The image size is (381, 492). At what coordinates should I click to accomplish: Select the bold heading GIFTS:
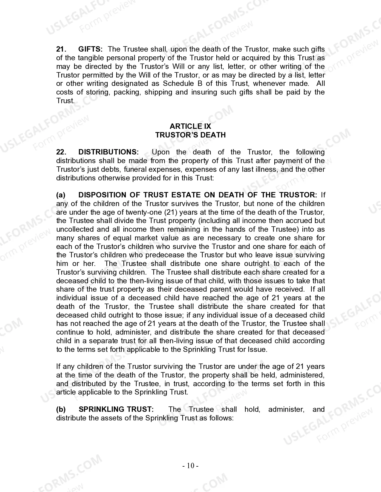click(90, 49)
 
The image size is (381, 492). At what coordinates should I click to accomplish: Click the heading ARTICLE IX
click(190, 126)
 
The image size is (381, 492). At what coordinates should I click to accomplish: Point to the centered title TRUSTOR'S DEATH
click(190, 135)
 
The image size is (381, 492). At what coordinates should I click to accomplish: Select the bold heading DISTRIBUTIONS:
click(108, 152)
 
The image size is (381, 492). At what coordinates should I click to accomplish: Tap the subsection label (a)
click(61, 195)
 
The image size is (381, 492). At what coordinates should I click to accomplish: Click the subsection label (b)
click(61, 409)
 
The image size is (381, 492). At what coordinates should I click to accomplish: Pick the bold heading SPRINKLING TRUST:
click(116, 409)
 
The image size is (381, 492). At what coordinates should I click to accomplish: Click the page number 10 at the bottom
click(191, 466)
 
